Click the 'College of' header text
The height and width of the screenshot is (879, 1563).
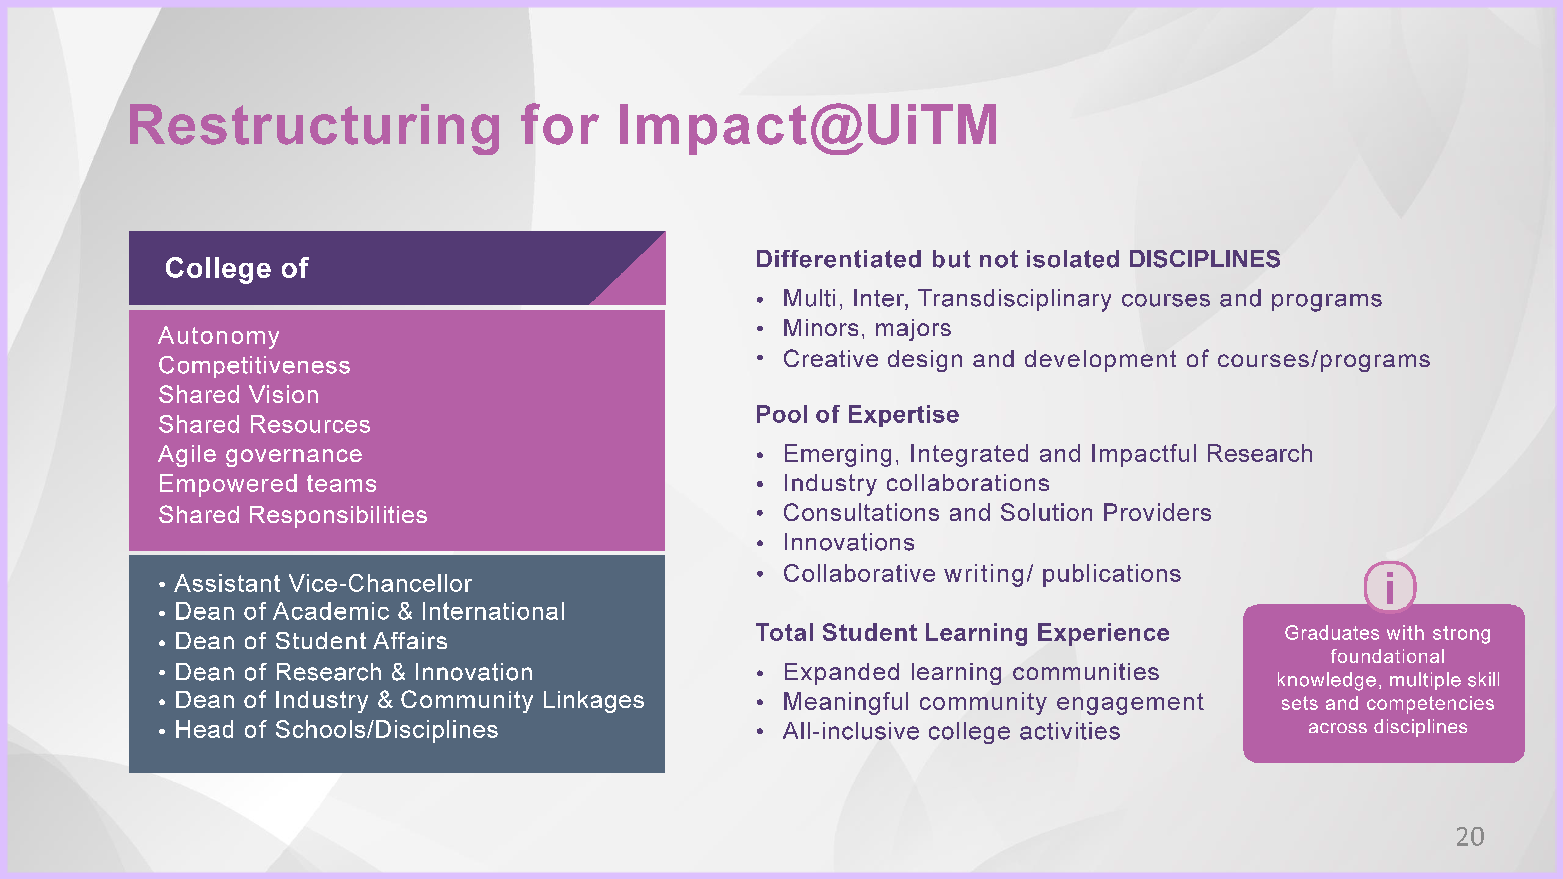tap(237, 268)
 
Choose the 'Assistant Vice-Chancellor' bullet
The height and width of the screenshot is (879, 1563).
tap(323, 584)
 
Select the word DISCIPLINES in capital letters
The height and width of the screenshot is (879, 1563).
tap(1204, 260)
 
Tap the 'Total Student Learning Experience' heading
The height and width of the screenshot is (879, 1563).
tap(962, 633)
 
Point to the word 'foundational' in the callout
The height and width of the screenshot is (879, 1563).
tap(1388, 656)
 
